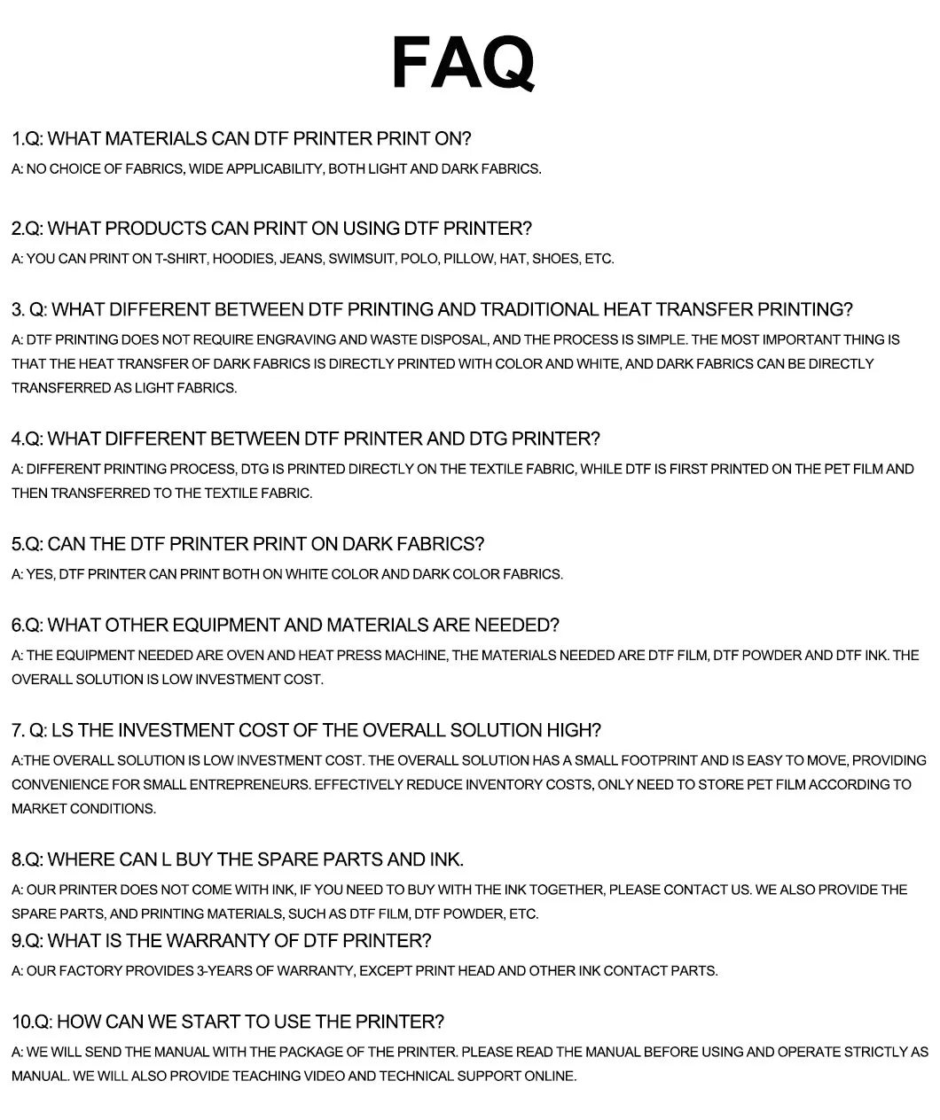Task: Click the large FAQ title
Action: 463,63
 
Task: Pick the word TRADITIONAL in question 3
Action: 539,309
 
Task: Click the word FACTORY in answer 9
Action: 87,971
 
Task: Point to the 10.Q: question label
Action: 32,1022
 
